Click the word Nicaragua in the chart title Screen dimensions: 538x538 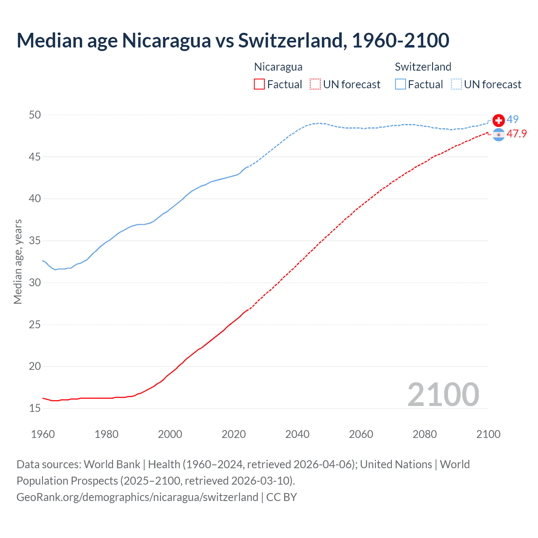[x=166, y=40]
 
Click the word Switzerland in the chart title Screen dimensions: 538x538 [x=292, y=40]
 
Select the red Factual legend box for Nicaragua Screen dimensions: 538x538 [x=259, y=84]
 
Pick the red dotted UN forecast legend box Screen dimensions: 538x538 [x=315, y=84]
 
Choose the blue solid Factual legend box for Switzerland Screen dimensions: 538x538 [x=401, y=84]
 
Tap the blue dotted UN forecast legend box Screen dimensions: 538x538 [x=456, y=84]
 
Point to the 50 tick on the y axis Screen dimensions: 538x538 [x=35, y=115]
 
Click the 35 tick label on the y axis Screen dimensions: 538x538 [x=35, y=241]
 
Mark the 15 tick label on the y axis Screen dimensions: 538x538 [x=35, y=408]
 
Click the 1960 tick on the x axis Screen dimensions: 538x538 [x=43, y=434]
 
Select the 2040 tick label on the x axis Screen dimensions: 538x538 [x=297, y=434]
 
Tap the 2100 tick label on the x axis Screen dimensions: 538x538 [x=488, y=434]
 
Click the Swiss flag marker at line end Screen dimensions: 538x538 [x=498, y=121]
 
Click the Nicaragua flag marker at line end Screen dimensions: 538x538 [x=498, y=135]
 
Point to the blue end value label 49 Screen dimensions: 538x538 [x=512, y=120]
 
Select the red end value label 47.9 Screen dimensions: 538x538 [x=517, y=134]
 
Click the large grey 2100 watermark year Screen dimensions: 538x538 [x=443, y=395]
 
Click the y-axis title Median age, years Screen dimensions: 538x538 [x=18, y=261]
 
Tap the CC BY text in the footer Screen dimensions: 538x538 [x=282, y=497]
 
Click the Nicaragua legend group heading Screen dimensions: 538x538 [x=278, y=67]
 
